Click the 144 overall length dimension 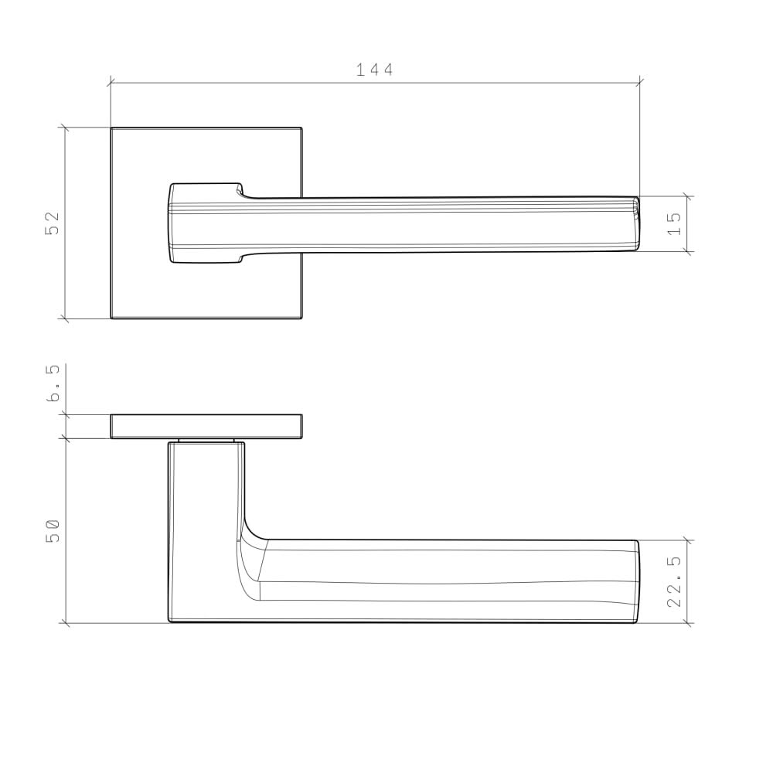tap(375, 70)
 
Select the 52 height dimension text tap(53, 223)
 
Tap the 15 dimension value tap(674, 223)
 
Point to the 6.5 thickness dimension tap(53, 384)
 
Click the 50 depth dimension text tap(53, 530)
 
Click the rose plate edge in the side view tap(206, 426)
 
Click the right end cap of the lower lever tap(636, 581)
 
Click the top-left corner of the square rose tap(111, 128)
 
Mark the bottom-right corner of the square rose tap(301, 318)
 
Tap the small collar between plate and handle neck tap(206, 441)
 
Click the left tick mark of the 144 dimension tap(111, 80)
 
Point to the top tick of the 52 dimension tap(65, 128)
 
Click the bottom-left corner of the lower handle tap(169, 621)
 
